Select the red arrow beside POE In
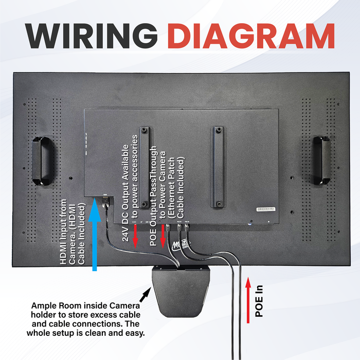249,300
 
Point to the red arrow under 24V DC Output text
135,238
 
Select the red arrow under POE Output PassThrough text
163,237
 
